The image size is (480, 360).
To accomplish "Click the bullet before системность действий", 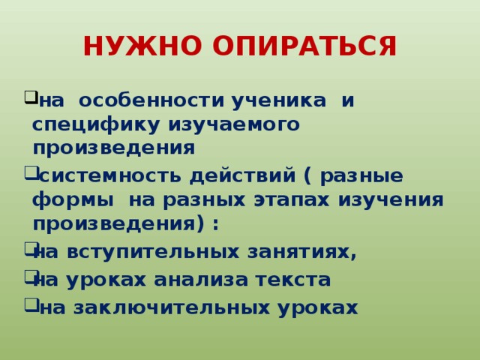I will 30,173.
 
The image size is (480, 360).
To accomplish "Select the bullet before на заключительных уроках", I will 30,304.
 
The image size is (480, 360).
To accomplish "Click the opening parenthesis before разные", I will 308,177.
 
